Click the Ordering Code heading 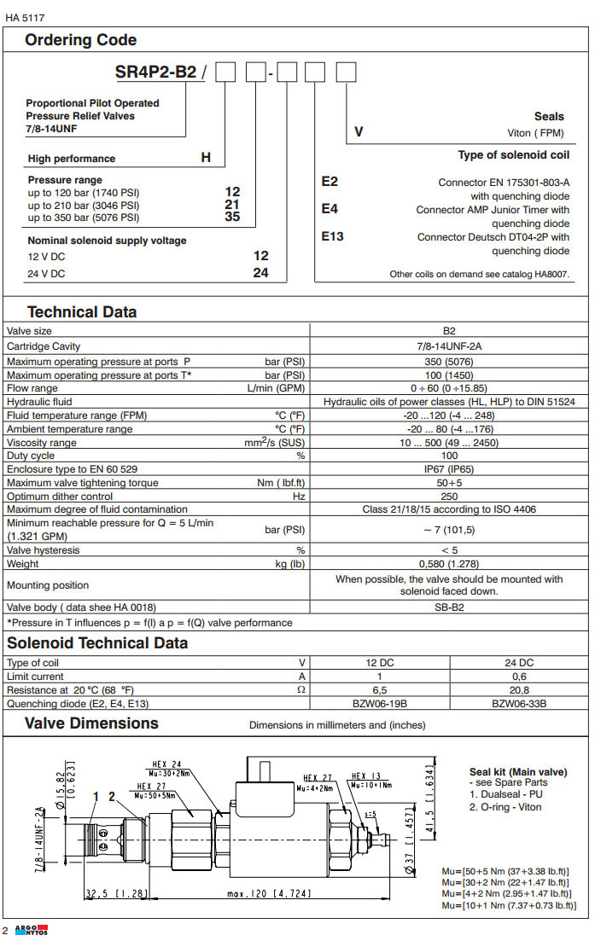tap(80, 40)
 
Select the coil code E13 tap(333, 236)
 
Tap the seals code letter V tap(359, 132)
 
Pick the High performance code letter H tap(206, 158)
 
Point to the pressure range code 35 tap(232, 218)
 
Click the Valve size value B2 tap(449, 331)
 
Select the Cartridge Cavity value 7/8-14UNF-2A tap(449, 346)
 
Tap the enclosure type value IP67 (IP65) tap(449, 468)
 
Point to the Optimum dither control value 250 tap(449, 496)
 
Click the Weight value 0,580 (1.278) tap(449, 564)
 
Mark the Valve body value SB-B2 tap(449, 607)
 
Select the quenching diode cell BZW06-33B tap(519, 704)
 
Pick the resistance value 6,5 tap(380, 690)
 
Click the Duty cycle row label tap(31, 456)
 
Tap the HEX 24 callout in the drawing tap(166, 764)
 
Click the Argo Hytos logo tap(32, 930)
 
